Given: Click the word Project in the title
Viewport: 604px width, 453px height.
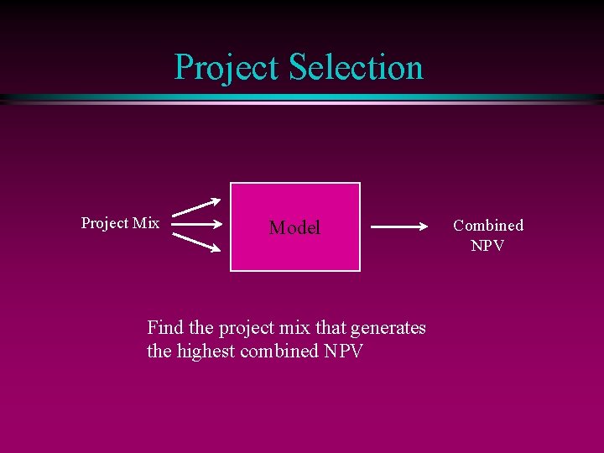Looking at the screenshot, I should click(x=227, y=67).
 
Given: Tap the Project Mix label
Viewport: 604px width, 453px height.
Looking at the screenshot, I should click(x=120, y=223).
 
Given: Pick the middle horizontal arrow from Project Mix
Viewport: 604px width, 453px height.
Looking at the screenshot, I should click(x=201, y=225).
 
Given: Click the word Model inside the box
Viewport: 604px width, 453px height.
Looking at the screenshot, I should click(x=294, y=227).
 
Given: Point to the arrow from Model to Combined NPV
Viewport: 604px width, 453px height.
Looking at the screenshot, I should click(x=402, y=226).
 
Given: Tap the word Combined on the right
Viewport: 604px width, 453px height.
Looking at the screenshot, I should click(x=488, y=225).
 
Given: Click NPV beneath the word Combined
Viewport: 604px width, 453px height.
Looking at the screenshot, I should click(x=487, y=246).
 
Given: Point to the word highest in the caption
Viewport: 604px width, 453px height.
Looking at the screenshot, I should click(x=206, y=351).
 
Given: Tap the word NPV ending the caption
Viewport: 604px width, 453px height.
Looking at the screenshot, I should click(x=343, y=351).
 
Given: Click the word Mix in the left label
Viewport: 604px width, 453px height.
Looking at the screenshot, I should click(x=145, y=223).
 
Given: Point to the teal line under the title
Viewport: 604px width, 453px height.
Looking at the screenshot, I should click(x=302, y=99).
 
